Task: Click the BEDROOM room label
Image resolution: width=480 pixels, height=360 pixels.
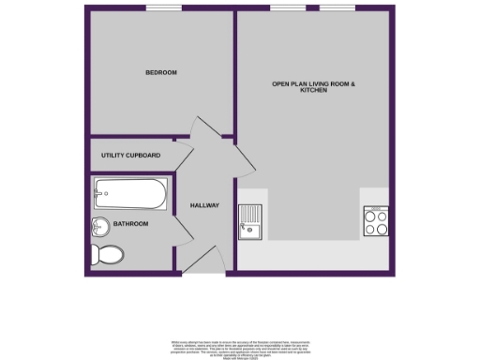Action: click(160, 72)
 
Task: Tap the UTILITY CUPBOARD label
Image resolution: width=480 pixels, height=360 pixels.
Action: click(131, 155)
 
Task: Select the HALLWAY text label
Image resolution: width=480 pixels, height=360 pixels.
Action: click(204, 205)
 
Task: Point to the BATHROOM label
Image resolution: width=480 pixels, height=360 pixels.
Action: click(131, 224)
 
